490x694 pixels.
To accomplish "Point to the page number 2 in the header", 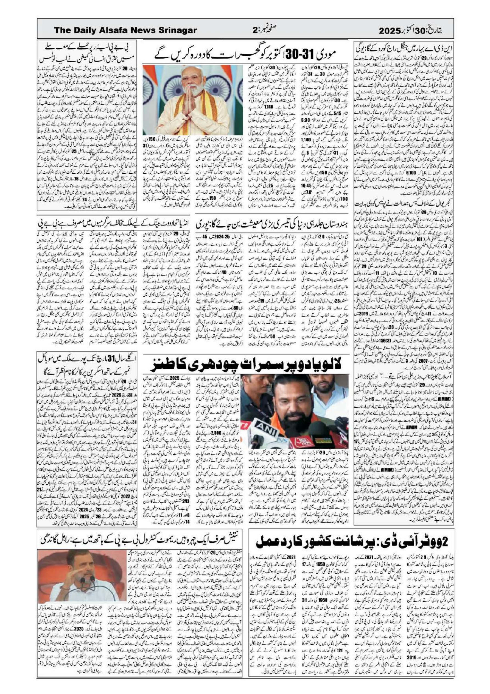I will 254,30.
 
